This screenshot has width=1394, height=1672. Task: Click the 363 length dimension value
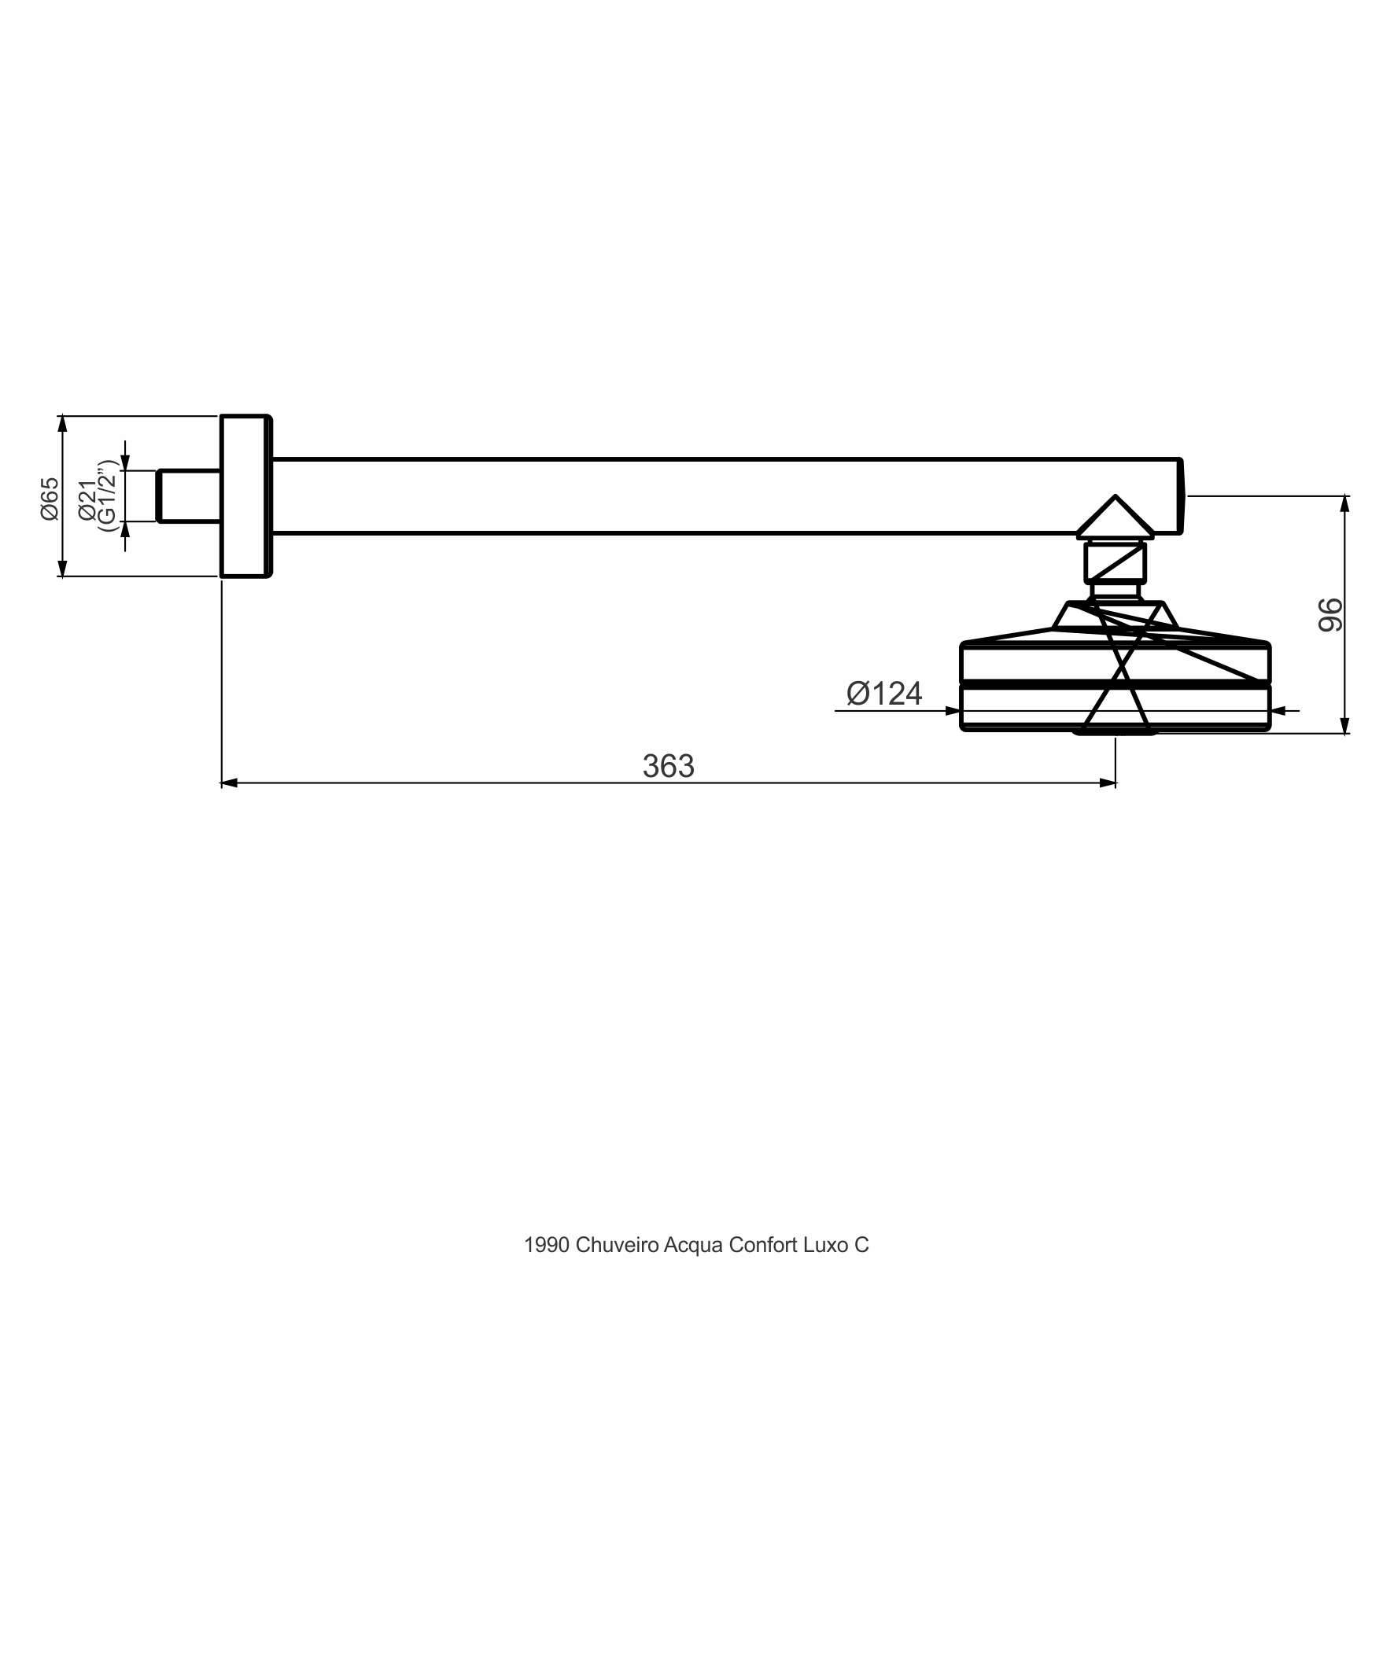coord(669,766)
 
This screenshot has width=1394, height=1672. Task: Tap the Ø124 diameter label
coord(884,694)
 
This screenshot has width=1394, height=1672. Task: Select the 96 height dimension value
coord(1330,615)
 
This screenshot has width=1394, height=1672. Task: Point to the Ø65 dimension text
coord(50,499)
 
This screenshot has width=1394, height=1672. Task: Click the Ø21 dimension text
coord(87,501)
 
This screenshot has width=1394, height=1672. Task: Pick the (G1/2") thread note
coord(107,495)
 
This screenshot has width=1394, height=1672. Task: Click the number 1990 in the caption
coord(547,1245)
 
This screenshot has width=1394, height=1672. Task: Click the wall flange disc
coord(246,496)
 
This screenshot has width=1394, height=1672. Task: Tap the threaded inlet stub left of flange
coord(189,496)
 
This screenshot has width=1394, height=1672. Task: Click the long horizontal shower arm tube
coord(727,496)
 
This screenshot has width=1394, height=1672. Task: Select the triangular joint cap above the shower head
coord(1116,517)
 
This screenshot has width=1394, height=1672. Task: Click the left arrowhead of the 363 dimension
coord(230,783)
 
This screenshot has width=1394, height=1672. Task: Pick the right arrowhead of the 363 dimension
coord(1107,783)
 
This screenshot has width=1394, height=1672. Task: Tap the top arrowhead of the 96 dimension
coord(1345,505)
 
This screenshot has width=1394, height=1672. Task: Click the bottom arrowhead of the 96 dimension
coord(1345,724)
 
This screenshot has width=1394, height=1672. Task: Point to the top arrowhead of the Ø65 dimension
coord(63,425)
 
